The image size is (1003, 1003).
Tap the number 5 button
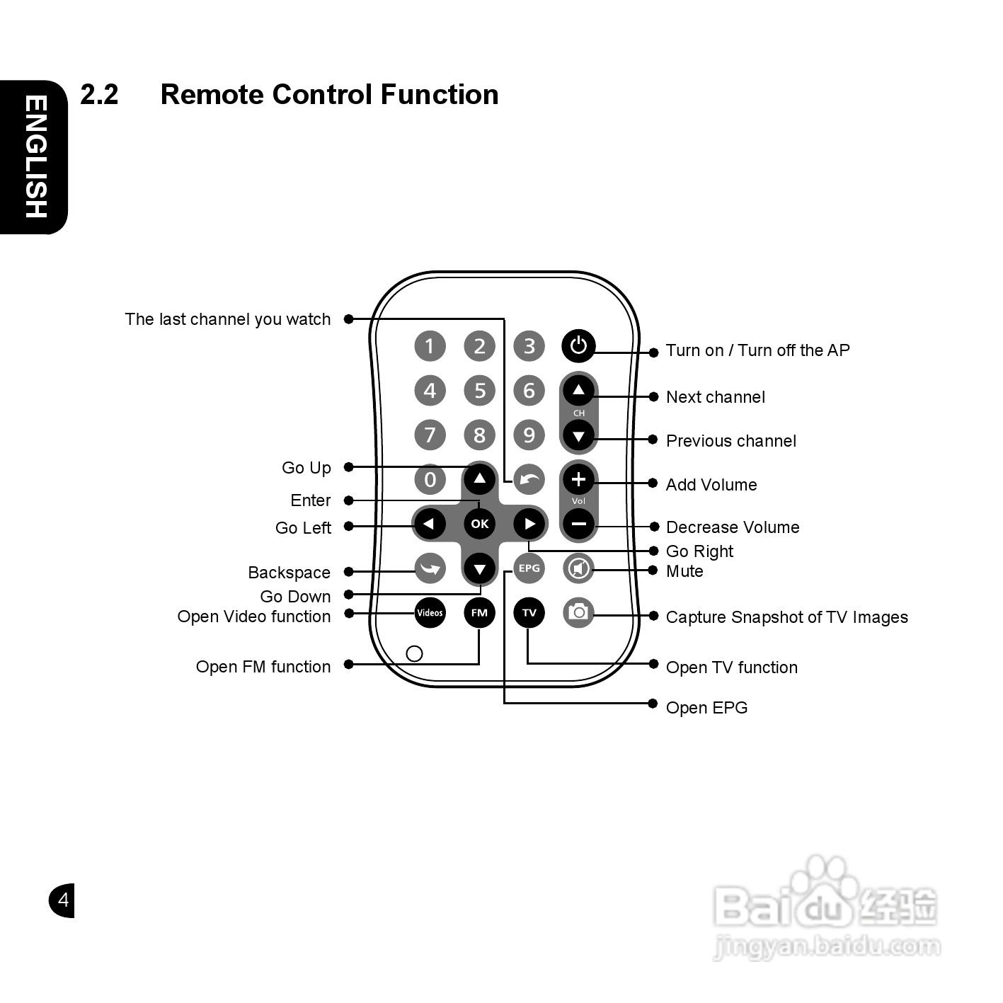tap(480, 390)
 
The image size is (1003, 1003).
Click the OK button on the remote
tap(480, 524)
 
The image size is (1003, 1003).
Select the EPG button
tap(529, 568)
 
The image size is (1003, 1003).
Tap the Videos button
tap(430, 613)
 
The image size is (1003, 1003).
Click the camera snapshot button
tap(578, 612)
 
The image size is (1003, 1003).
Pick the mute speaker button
tap(578, 568)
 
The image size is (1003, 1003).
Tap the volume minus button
tap(578, 524)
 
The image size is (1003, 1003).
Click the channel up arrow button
tap(578, 390)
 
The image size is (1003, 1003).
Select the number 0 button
tap(430, 479)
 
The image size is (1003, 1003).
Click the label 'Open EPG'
tap(706, 708)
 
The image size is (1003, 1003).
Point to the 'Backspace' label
tap(289, 573)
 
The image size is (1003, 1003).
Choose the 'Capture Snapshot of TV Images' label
tap(786, 617)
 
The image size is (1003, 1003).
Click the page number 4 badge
tap(62, 900)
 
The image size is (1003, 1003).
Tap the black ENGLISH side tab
tap(35, 156)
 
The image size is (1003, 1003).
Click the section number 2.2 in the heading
tap(99, 95)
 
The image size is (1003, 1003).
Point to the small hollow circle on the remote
tap(415, 653)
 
